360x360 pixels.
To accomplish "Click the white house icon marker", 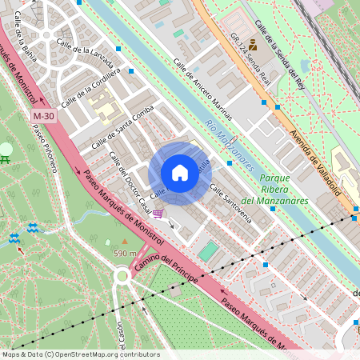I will [x=180, y=172].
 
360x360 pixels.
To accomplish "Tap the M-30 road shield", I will [x=43, y=117].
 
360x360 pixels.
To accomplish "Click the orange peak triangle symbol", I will [x=124, y=241].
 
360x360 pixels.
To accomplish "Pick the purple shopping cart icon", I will [x=158, y=214].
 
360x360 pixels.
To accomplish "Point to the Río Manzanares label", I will [x=229, y=145].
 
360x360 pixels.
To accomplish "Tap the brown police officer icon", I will [x=253, y=45].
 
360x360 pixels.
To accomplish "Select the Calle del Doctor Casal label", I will [x=130, y=182].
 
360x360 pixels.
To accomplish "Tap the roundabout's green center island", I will [x=122, y=276].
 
